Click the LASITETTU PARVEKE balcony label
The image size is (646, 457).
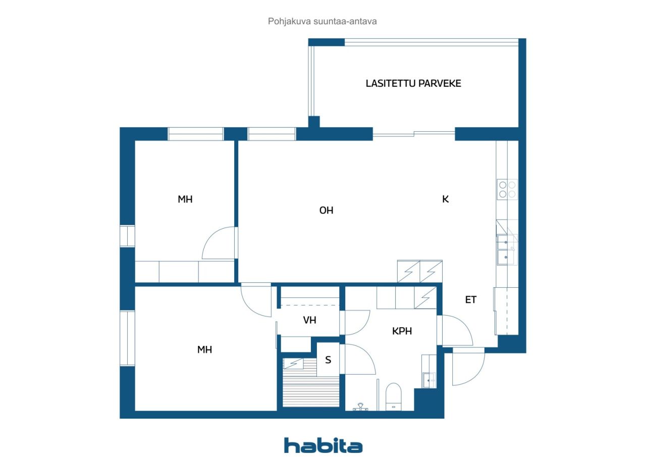pos(413,84)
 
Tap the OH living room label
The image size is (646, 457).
pos(327,211)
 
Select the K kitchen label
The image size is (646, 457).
pos(445,199)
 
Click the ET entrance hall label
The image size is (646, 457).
pos(470,300)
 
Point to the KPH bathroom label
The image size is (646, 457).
pos(402,331)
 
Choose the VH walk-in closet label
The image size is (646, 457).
pos(309,320)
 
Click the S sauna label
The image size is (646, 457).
pos(328,360)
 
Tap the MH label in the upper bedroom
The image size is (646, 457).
pos(185,199)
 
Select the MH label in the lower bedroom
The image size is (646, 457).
pos(204,349)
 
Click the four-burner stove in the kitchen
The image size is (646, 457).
pos(507,189)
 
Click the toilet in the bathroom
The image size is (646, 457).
pos(393,397)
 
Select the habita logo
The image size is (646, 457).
pos(323,445)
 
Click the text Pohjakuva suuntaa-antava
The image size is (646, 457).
pos(322,22)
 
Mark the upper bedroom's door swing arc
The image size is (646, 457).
pos(218,244)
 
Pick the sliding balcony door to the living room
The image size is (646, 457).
pos(414,134)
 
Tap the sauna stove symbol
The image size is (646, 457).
pos(293,364)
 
